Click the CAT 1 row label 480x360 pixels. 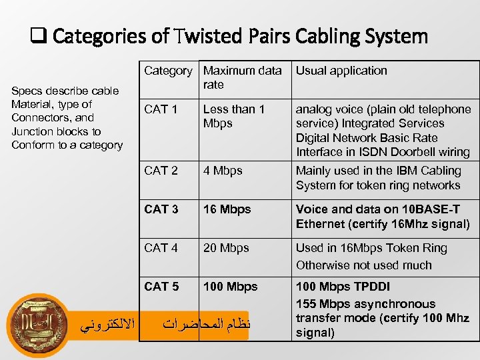click(x=161, y=109)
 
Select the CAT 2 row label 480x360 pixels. click(x=161, y=171)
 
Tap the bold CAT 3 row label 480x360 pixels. click(x=161, y=209)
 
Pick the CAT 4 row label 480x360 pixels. click(x=161, y=248)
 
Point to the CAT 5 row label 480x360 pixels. click(x=161, y=287)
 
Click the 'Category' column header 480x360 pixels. click(x=168, y=71)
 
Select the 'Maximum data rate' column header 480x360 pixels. click(x=242, y=77)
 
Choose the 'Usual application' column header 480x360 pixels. click(x=341, y=71)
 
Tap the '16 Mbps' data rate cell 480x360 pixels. click(x=227, y=209)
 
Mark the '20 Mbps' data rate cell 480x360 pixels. click(x=226, y=248)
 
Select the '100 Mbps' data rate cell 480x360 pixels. click(x=230, y=287)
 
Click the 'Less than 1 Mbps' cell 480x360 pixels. click(x=233, y=116)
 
